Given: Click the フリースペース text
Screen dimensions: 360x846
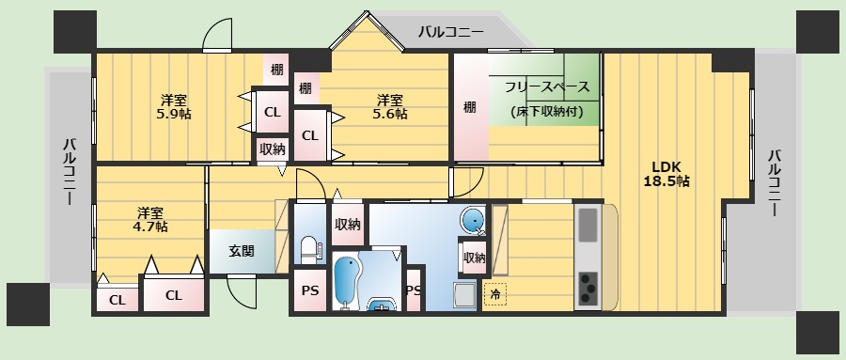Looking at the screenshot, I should tap(547, 87).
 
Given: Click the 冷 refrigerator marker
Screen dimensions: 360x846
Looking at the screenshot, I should tap(494, 294).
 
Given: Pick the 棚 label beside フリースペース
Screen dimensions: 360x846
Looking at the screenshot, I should tap(469, 107).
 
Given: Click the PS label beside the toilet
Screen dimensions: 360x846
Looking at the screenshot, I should tap(309, 290).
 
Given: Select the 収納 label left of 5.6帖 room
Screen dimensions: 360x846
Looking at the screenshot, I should tap(273, 149).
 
